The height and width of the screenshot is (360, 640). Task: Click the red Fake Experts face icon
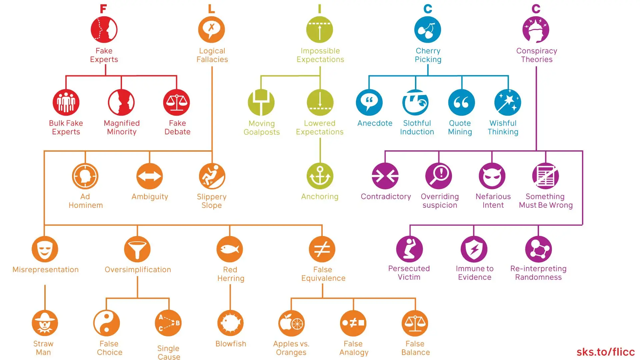tap(104, 30)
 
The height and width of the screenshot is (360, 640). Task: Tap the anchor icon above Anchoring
tap(320, 176)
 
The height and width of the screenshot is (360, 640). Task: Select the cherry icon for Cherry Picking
tap(427, 30)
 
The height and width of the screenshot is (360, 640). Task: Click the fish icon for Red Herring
tap(230, 249)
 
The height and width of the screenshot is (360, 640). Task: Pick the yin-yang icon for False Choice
tap(106, 323)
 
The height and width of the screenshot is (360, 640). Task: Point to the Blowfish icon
tap(230, 323)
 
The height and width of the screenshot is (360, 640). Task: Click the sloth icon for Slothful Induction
tap(415, 102)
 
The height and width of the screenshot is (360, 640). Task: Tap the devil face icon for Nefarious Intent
tap(492, 176)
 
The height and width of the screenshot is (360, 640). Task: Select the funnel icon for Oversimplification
tap(137, 249)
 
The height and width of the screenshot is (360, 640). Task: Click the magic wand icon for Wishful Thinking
tap(507, 102)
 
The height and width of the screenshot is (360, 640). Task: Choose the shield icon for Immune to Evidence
tap(474, 249)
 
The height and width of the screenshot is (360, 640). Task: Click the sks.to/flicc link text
tap(605, 352)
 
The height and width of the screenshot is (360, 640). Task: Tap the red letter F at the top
tap(103, 9)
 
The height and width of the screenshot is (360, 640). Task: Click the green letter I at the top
tap(320, 9)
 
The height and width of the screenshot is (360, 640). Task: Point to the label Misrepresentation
tap(46, 270)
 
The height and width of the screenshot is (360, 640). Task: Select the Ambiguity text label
tap(150, 197)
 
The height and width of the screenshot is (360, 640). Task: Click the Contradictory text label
tap(386, 197)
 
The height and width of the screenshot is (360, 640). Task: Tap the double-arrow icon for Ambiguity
tap(150, 176)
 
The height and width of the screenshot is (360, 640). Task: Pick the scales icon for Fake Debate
tap(176, 102)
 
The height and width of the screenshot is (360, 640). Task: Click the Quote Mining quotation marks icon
tap(461, 102)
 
